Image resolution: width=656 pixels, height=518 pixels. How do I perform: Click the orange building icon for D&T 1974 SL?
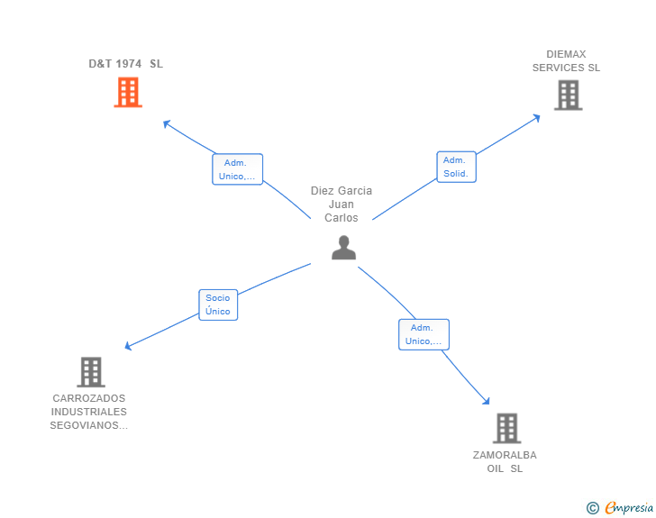(128, 92)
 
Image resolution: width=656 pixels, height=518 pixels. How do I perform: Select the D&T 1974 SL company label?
(125, 64)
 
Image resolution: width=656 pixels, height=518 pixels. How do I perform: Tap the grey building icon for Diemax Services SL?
(568, 95)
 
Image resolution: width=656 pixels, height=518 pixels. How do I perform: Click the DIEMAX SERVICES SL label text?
(566, 61)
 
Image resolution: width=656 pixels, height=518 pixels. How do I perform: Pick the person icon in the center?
(343, 248)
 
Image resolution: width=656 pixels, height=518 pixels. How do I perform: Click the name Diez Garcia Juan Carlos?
(342, 204)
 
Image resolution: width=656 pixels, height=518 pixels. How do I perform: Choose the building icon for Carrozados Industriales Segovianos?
(90, 371)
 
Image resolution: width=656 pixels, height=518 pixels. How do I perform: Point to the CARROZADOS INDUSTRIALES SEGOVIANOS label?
(89, 412)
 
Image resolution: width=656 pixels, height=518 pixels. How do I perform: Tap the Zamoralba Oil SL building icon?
(506, 428)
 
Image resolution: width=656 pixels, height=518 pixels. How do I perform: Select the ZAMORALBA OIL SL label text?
(505, 462)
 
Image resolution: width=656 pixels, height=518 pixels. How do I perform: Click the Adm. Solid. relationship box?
(456, 167)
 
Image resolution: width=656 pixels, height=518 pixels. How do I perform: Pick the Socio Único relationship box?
(218, 304)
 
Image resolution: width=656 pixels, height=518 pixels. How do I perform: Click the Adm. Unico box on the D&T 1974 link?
(238, 169)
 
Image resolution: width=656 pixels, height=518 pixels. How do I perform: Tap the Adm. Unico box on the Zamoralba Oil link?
(424, 334)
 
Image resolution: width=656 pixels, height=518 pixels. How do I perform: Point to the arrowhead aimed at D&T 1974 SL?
(166, 123)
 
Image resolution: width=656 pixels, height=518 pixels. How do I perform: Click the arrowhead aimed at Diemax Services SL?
(536, 116)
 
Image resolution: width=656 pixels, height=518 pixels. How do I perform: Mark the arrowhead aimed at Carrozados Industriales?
(129, 346)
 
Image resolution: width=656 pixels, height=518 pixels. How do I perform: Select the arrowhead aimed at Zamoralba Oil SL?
(487, 402)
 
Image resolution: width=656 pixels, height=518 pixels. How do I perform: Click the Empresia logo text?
(629, 508)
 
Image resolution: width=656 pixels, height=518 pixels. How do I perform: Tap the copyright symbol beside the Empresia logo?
(593, 508)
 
